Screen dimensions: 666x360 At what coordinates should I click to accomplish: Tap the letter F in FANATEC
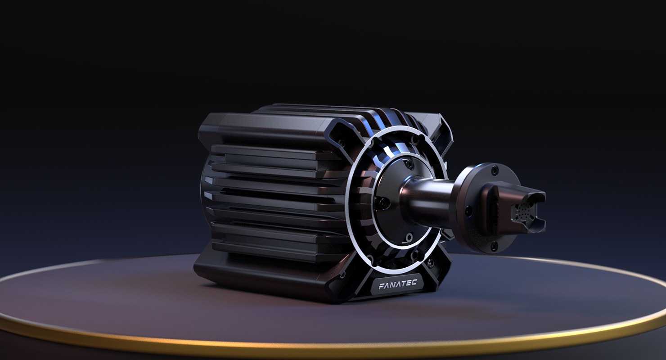point(381,286)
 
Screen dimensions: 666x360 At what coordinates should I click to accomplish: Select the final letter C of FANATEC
point(414,283)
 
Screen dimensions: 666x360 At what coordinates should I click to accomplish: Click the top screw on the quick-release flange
point(495,171)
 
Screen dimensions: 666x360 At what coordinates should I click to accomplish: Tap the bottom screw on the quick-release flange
point(494,246)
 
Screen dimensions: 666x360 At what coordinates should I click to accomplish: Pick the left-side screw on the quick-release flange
point(468,211)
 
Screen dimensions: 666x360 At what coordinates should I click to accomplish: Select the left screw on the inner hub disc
point(383,203)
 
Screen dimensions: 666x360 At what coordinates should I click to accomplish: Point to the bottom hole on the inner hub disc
point(409,237)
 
